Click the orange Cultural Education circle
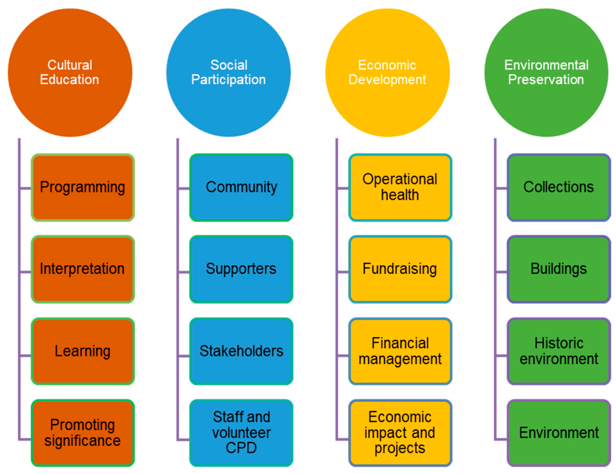[70, 73]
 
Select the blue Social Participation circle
[229, 73]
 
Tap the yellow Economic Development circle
[387, 73]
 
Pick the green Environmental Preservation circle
[546, 73]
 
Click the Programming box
[83, 188]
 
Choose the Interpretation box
[83, 269]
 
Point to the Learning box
[83, 351]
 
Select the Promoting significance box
[83, 433]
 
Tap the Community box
[241, 188]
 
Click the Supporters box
[241, 269]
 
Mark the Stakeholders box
[241, 351]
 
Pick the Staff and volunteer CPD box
[241, 433]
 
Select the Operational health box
[400, 188]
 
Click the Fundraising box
[400, 269]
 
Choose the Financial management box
[400, 351]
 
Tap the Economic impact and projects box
[400, 433]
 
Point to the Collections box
[559, 188]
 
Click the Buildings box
[559, 269]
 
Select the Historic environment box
[559, 351]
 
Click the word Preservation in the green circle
[546, 79]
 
